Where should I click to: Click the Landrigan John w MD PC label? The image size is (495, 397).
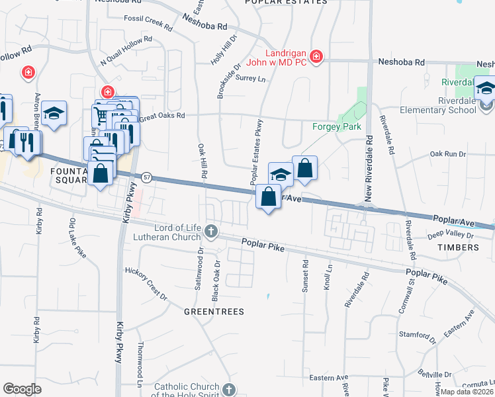tap(287, 57)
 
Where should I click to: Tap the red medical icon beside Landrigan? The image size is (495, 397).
tap(316, 57)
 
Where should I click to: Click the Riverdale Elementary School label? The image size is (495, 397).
tap(452, 106)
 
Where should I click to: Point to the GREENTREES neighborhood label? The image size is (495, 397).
tap(214, 311)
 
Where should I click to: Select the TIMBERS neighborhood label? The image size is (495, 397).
tap(457, 247)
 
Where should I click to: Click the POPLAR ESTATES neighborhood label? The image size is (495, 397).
tap(286, 2)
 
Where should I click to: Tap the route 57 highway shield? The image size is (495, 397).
tap(147, 177)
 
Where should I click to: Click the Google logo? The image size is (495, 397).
tap(22, 389)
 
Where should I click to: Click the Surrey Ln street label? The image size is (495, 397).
tap(250, 79)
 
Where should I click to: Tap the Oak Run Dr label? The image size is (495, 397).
tap(448, 154)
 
